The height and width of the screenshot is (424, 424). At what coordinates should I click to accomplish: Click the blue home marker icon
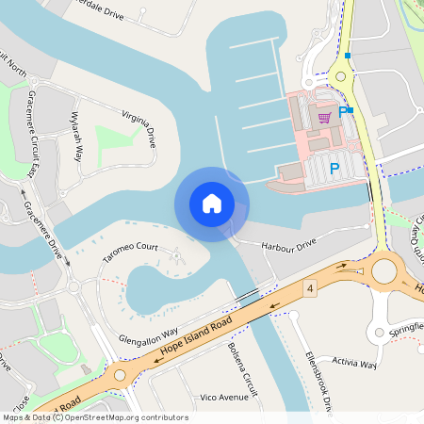212,204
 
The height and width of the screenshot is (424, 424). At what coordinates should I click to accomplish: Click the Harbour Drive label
288,245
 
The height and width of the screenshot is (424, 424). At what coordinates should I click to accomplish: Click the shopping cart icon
325,117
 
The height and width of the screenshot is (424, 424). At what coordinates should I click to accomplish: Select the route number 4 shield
309,286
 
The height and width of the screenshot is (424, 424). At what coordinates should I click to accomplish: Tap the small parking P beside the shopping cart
342,111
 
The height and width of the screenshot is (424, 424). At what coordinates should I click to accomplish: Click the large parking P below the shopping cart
334,170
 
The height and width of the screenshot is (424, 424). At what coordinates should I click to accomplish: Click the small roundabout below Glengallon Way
120,374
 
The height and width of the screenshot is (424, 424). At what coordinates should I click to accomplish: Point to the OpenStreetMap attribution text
94,417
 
